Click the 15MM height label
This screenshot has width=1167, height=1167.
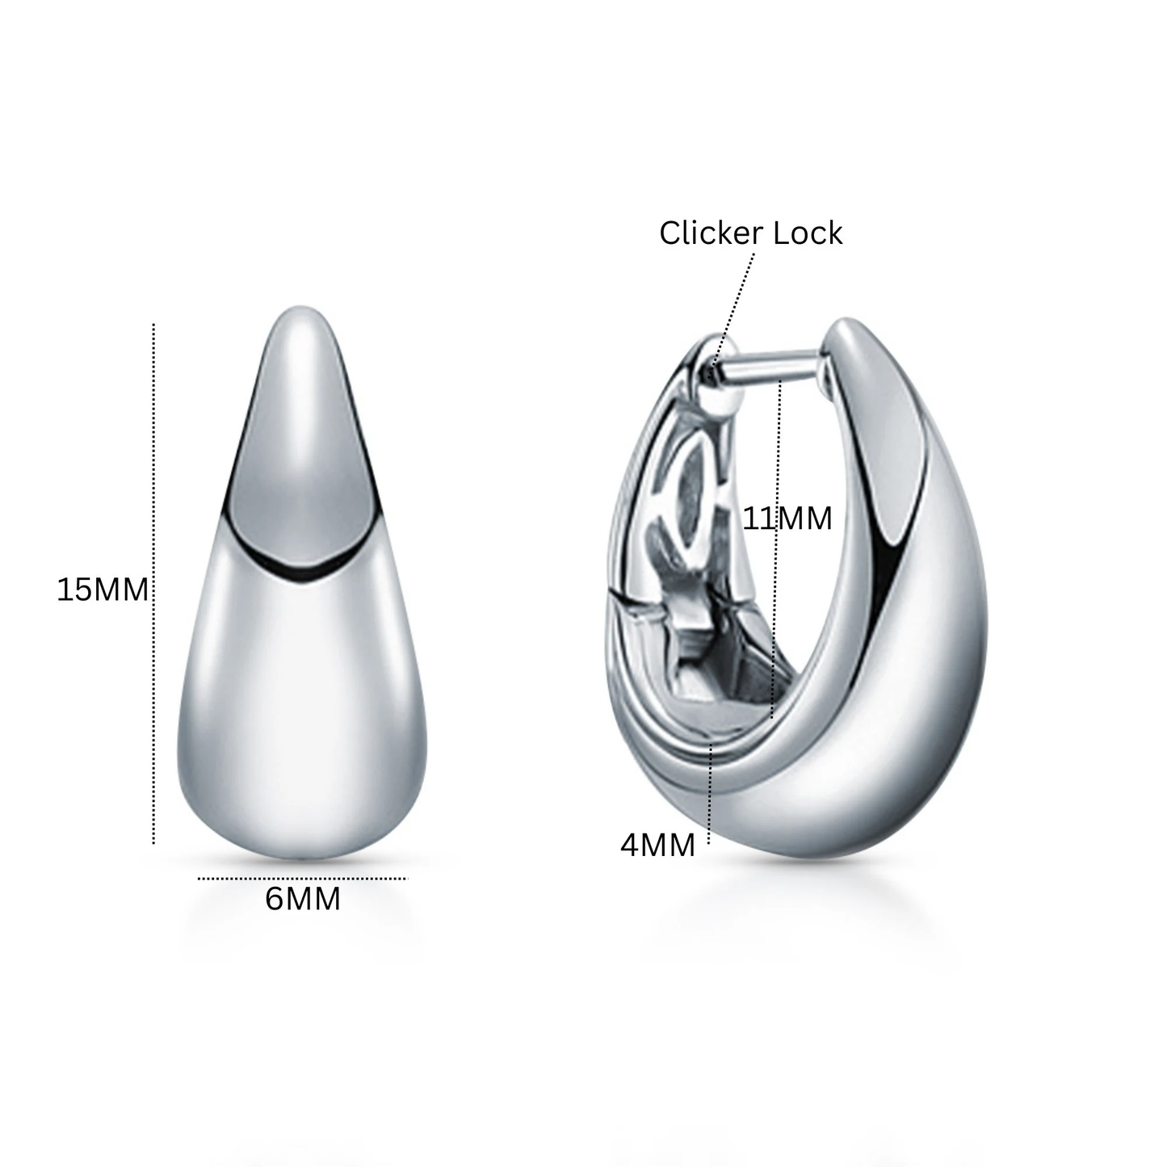coord(103,590)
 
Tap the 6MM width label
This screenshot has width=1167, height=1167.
coord(303,899)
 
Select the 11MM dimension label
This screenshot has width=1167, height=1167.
coord(787,519)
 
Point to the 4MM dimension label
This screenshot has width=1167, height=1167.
coord(657,846)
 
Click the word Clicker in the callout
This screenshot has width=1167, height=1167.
coord(708,233)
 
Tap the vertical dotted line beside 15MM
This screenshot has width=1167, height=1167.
coord(153,583)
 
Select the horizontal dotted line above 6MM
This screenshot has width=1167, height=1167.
coord(303,878)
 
